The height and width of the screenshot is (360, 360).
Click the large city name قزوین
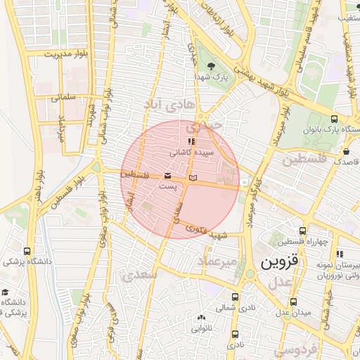pos(281,263)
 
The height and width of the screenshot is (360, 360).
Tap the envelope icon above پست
pos(167,175)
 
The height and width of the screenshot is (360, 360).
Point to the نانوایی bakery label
pos(202,328)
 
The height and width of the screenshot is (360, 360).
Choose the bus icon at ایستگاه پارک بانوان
pos(333,119)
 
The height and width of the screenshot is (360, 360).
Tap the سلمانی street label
pos(63,98)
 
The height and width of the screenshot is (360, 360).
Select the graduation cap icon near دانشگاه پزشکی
pos(6,293)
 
